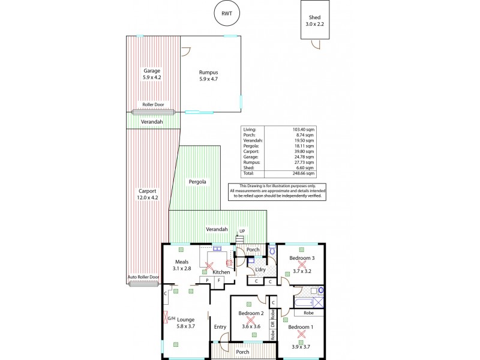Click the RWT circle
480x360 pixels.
pyautogui.click(x=226, y=14)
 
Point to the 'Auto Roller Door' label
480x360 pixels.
pyautogui.click(x=143, y=277)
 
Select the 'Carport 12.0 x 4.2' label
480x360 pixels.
pyautogui.click(x=148, y=194)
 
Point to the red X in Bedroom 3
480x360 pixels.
pyautogui.click(x=302, y=265)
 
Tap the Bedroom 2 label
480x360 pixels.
pyautogui.click(x=251, y=313)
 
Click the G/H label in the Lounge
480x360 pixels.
pyautogui.click(x=171, y=319)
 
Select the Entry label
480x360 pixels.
pyautogui.click(x=220, y=327)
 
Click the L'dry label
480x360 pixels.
pyautogui.click(x=260, y=271)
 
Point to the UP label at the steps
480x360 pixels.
pyautogui.click(x=242, y=231)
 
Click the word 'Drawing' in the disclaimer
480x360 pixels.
pyautogui.click(x=258, y=186)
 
